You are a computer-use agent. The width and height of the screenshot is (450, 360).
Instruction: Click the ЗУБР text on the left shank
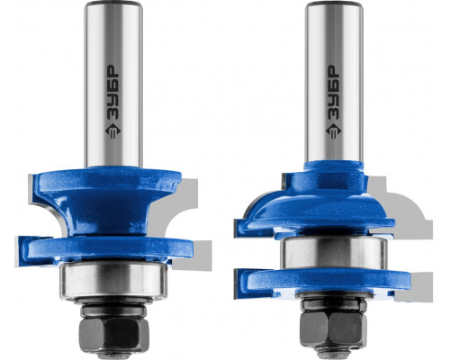pyautogui.click(x=113, y=93)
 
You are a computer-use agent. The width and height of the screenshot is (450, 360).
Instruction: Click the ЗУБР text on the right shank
pyautogui.click(x=333, y=93)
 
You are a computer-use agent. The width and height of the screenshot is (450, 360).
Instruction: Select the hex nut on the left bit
pyautogui.click(x=114, y=333)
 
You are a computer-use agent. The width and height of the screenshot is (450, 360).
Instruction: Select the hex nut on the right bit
pyautogui.click(x=334, y=328)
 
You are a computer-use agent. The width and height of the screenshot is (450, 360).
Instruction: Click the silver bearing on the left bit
pyautogui.click(x=113, y=281)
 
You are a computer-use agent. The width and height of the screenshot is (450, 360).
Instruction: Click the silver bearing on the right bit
pyautogui.click(x=333, y=252)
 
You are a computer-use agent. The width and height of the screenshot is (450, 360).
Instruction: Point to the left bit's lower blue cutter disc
pyautogui.click(x=105, y=249)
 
